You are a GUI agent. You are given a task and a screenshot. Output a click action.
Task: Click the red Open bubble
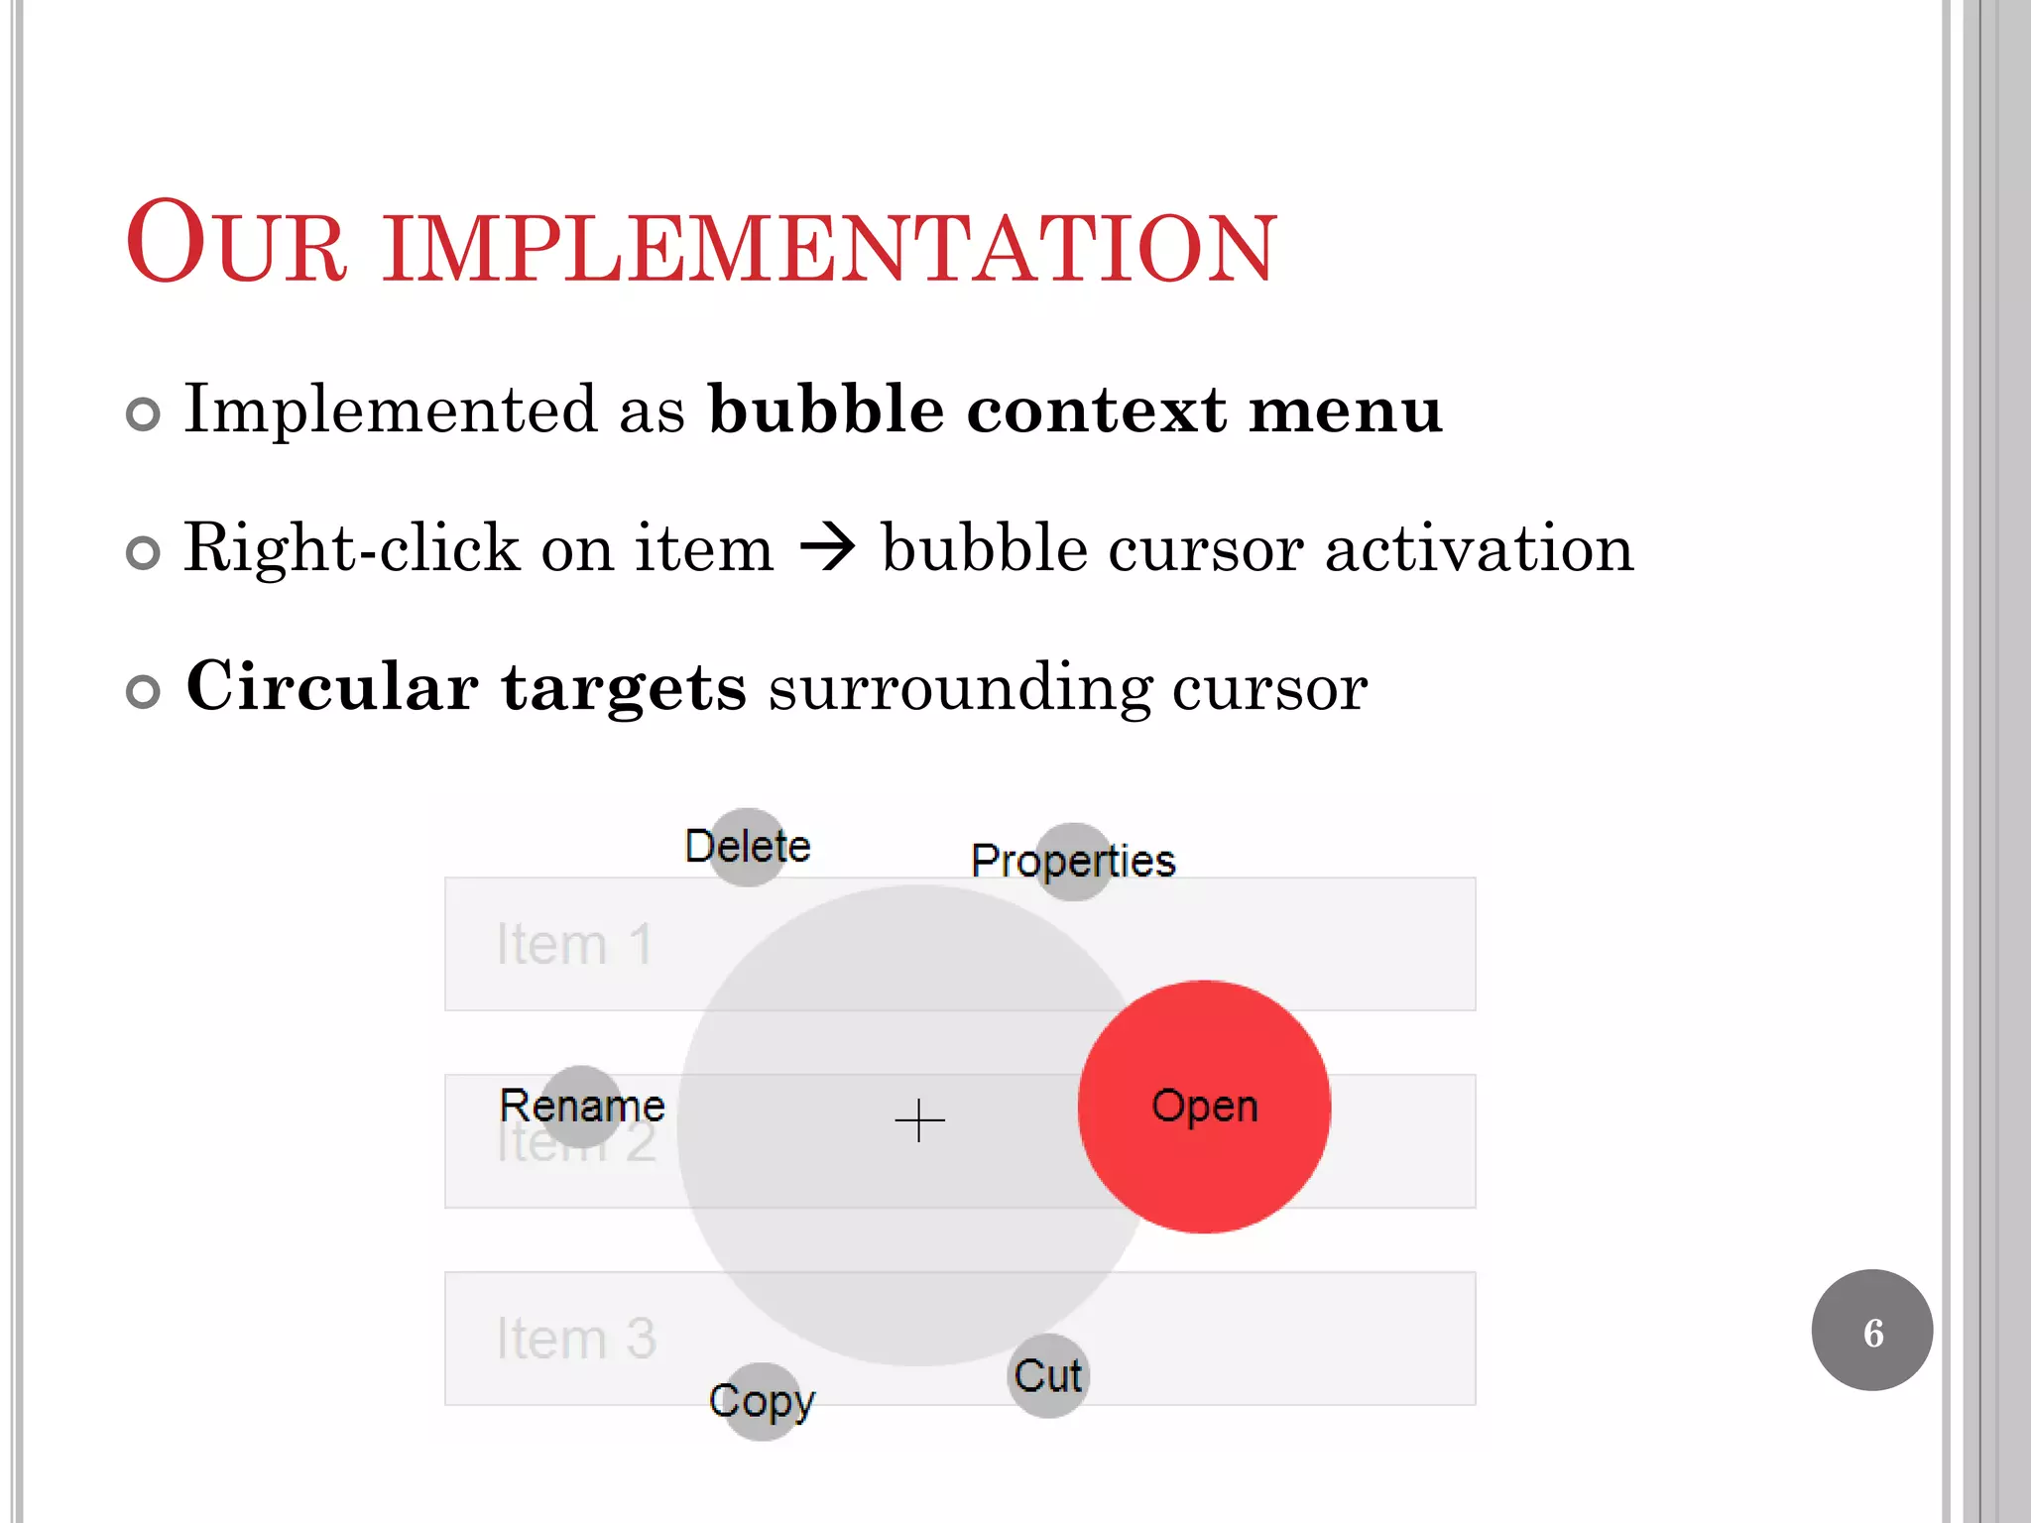(1204, 1107)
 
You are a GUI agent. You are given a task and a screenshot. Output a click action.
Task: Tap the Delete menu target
(749, 847)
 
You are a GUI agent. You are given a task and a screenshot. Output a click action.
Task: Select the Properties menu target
(1074, 861)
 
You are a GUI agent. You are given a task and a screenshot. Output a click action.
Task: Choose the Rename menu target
(582, 1106)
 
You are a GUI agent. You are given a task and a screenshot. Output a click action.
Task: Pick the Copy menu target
(762, 1401)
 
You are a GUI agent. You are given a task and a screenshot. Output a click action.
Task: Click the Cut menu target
(1048, 1376)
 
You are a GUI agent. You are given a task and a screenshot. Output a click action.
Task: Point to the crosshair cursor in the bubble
(919, 1121)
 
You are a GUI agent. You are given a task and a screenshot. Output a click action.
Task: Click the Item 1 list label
(574, 944)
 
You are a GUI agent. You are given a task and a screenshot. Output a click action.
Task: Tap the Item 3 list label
(576, 1339)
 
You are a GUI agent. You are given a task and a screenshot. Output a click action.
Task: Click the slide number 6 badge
(1871, 1331)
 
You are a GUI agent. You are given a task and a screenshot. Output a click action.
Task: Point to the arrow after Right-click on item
(827, 547)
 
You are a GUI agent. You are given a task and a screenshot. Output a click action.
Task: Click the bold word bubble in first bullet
(826, 410)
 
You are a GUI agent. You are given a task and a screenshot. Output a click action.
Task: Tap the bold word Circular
(333, 686)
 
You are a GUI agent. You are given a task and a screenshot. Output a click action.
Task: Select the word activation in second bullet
(1479, 548)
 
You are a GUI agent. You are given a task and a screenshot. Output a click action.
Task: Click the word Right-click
(352, 548)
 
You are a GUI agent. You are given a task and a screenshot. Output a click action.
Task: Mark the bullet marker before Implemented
(144, 414)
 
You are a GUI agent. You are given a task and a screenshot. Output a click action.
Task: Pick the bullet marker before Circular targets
(144, 692)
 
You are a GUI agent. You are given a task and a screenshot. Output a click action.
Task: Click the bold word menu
(1346, 410)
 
